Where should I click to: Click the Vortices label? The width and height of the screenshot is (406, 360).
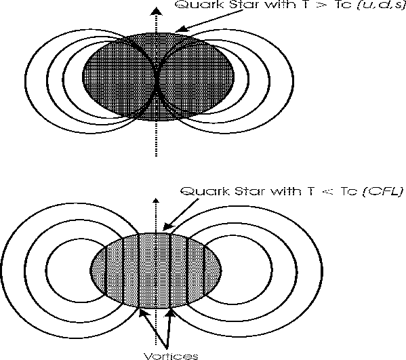[171, 356]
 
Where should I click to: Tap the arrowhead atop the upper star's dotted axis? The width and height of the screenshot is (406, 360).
[156, 12]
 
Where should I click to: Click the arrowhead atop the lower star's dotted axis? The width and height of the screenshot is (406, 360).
[156, 200]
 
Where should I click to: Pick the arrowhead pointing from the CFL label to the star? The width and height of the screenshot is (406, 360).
[168, 226]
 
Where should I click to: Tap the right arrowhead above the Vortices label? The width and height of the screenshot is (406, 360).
[171, 313]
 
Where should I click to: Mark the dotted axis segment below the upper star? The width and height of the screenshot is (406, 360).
[156, 138]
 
